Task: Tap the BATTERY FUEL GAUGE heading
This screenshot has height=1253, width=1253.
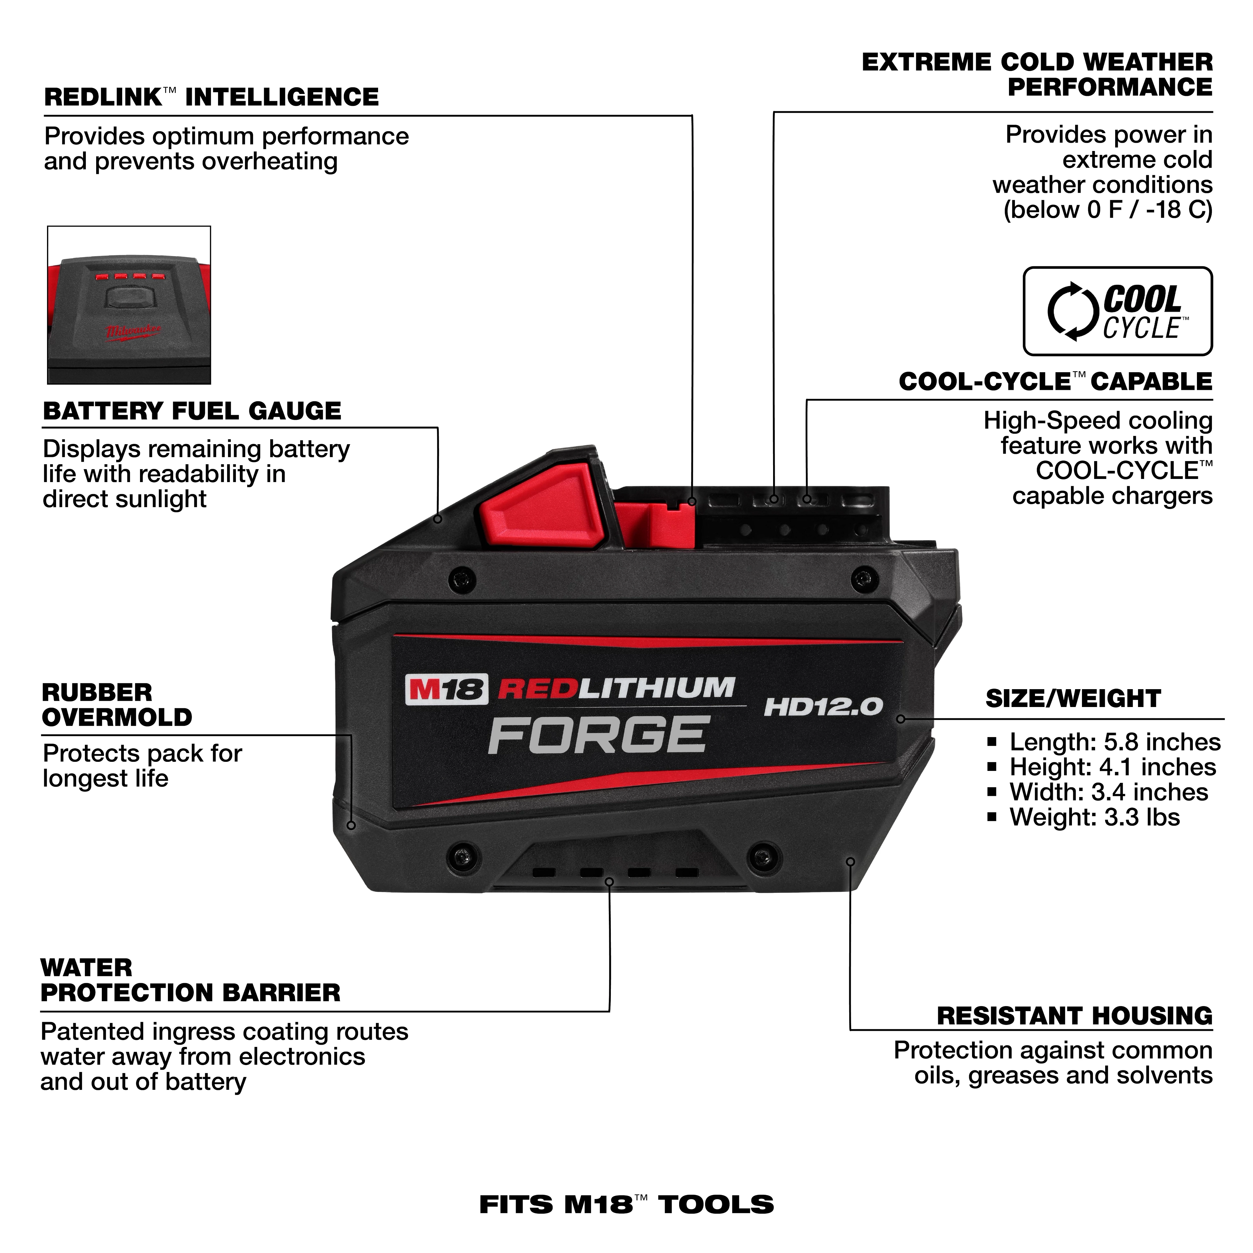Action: [x=192, y=411]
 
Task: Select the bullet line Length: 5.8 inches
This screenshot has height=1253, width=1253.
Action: [x=1114, y=742]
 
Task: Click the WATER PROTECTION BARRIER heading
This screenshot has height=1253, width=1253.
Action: [x=190, y=980]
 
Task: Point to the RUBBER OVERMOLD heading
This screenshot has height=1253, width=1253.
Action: [x=117, y=705]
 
